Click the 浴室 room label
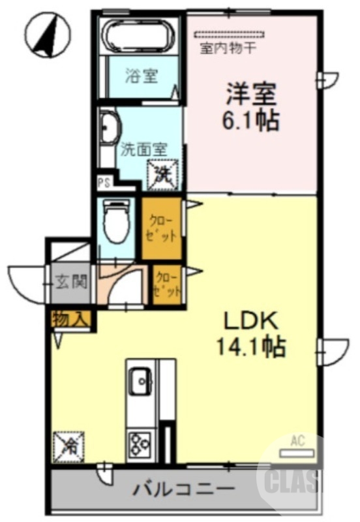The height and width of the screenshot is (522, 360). click(x=142, y=76)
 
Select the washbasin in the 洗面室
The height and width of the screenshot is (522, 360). click(x=109, y=128)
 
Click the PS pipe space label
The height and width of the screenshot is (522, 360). click(x=103, y=183)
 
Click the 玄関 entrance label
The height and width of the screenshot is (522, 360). click(x=70, y=283)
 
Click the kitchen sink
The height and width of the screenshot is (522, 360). click(x=141, y=380)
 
